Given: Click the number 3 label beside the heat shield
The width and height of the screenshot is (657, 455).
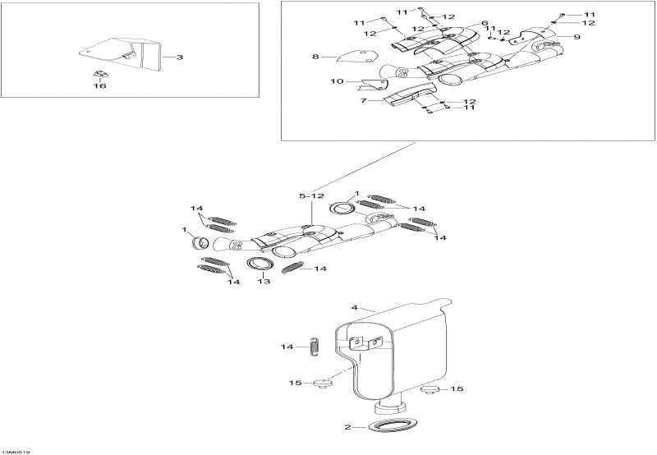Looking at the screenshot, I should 180,57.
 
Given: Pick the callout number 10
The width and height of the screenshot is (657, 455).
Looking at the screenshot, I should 337,81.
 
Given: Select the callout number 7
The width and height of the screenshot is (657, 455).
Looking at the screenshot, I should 361,100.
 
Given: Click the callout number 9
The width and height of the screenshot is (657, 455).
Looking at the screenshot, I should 577,37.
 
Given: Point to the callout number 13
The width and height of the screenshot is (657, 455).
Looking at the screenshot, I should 263,282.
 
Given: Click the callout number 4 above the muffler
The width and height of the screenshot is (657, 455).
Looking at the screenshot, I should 355,308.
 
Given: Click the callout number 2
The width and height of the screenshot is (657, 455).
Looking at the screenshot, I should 347,427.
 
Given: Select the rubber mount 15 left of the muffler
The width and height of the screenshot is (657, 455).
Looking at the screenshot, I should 320,383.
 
